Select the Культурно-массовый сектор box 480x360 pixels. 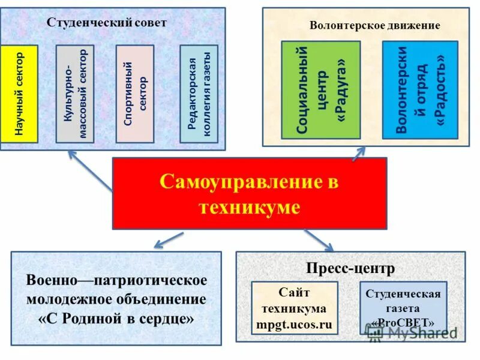pyautogui.click(x=75, y=94)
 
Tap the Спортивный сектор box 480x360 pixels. pyautogui.click(x=134, y=94)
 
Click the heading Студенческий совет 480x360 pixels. pyautogui.click(x=107, y=22)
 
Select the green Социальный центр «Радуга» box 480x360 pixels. pyautogui.click(x=320, y=90)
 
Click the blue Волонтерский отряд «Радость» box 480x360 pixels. pyautogui.click(x=419, y=90)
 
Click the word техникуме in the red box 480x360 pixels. pyautogui.click(x=249, y=208)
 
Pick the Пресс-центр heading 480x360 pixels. pyautogui.click(x=350, y=268)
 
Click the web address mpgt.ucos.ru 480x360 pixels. pyautogui.click(x=294, y=325)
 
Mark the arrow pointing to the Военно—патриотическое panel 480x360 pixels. pyautogui.click(x=168, y=240)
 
